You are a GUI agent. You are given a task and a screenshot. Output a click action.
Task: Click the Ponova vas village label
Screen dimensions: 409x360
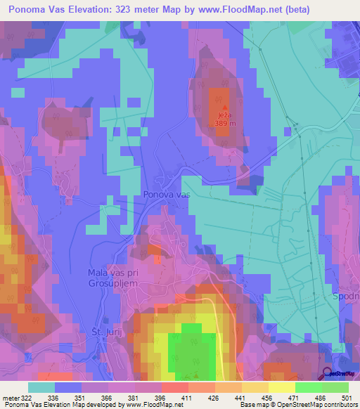tap(167, 194)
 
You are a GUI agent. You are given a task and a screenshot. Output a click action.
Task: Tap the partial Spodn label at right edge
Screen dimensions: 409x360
tap(347, 297)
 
